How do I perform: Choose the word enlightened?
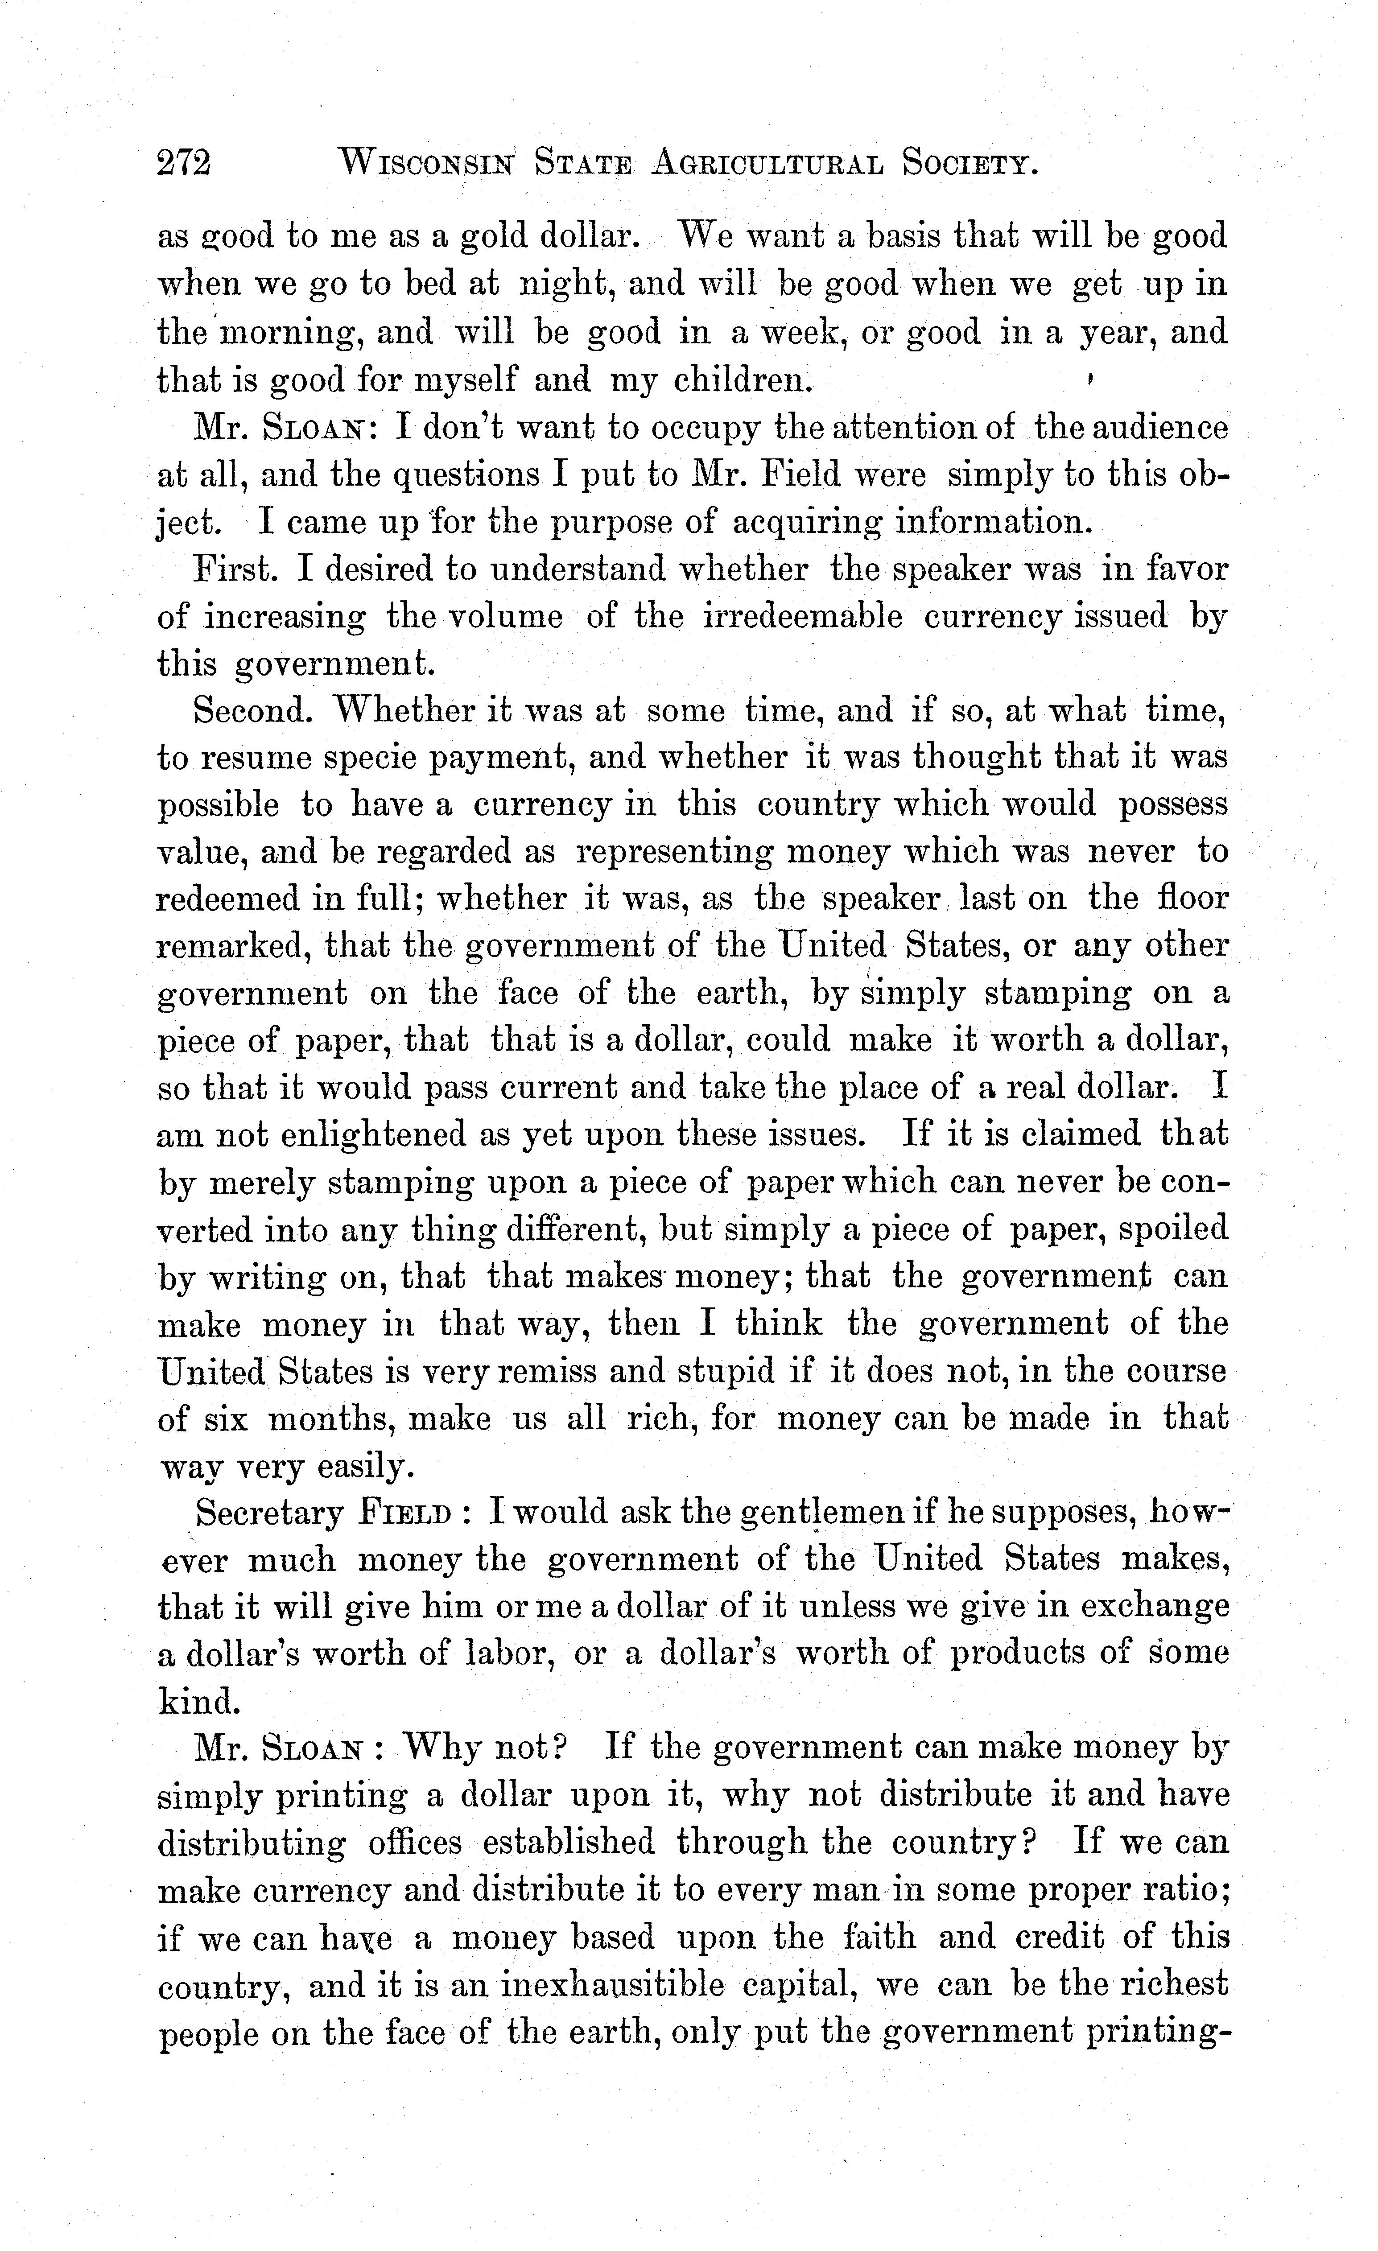point(400,1134)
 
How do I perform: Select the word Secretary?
point(269,1513)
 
